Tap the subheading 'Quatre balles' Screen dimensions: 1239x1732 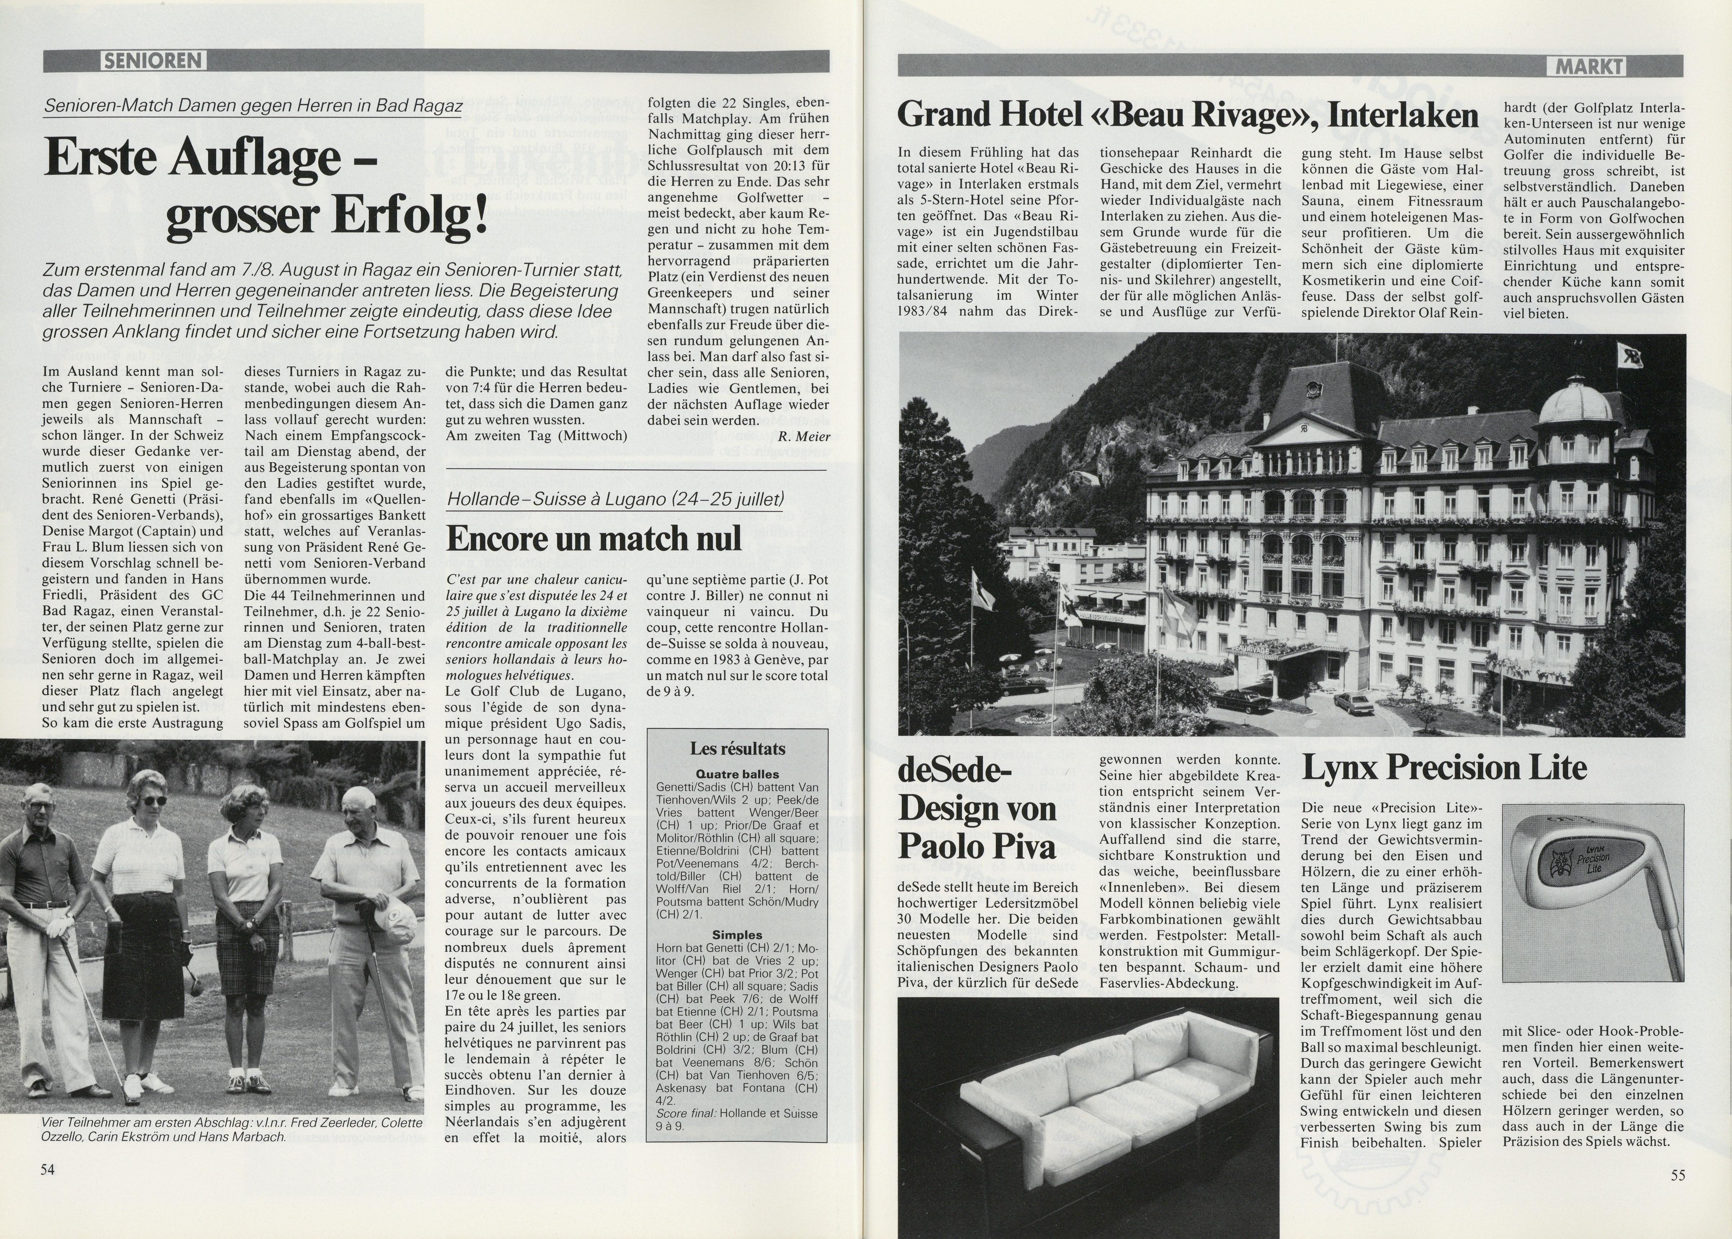[x=737, y=774]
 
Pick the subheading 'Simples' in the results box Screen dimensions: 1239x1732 [x=737, y=934]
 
